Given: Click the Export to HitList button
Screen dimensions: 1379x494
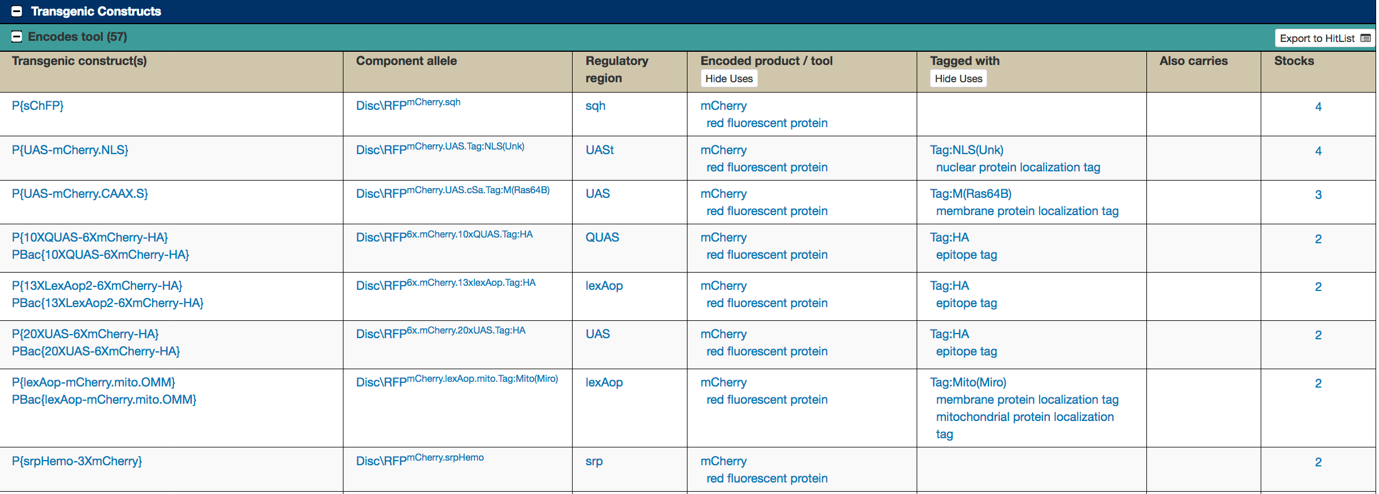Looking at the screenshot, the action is pyautogui.click(x=1324, y=39).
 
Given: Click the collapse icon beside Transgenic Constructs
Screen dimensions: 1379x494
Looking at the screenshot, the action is pyautogui.click(x=17, y=12).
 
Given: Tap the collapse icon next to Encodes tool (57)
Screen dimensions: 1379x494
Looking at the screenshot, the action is pyautogui.click(x=17, y=37).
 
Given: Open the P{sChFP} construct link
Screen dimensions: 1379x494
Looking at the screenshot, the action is pyautogui.click(x=38, y=106).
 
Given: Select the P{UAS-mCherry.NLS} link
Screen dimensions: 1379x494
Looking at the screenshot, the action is pyautogui.click(x=70, y=150).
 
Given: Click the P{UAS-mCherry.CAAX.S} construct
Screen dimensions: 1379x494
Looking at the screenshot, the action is pyautogui.click(x=80, y=194).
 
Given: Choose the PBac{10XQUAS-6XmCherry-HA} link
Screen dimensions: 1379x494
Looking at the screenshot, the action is pyautogui.click(x=101, y=255).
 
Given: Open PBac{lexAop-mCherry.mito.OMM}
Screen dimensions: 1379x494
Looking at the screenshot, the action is pyautogui.click(x=104, y=400).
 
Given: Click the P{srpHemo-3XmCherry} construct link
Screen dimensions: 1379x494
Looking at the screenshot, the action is pyautogui.click(x=77, y=461).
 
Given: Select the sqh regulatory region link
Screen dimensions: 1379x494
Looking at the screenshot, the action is pyautogui.click(x=596, y=106).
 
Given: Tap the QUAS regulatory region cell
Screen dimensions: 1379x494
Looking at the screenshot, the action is pyautogui.click(x=602, y=238).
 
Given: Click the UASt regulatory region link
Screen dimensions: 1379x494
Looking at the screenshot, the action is pyautogui.click(x=600, y=150).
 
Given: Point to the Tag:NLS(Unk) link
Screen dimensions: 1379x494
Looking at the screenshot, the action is pyautogui.click(x=967, y=150).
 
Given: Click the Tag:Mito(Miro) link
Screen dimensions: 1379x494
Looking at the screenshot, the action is pyautogui.click(x=968, y=382).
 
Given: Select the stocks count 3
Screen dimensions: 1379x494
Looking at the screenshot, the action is pyautogui.click(x=1318, y=195).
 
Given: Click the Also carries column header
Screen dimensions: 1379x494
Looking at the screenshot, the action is pyautogui.click(x=1193, y=61).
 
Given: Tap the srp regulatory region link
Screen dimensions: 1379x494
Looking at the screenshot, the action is pyautogui.click(x=594, y=461).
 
